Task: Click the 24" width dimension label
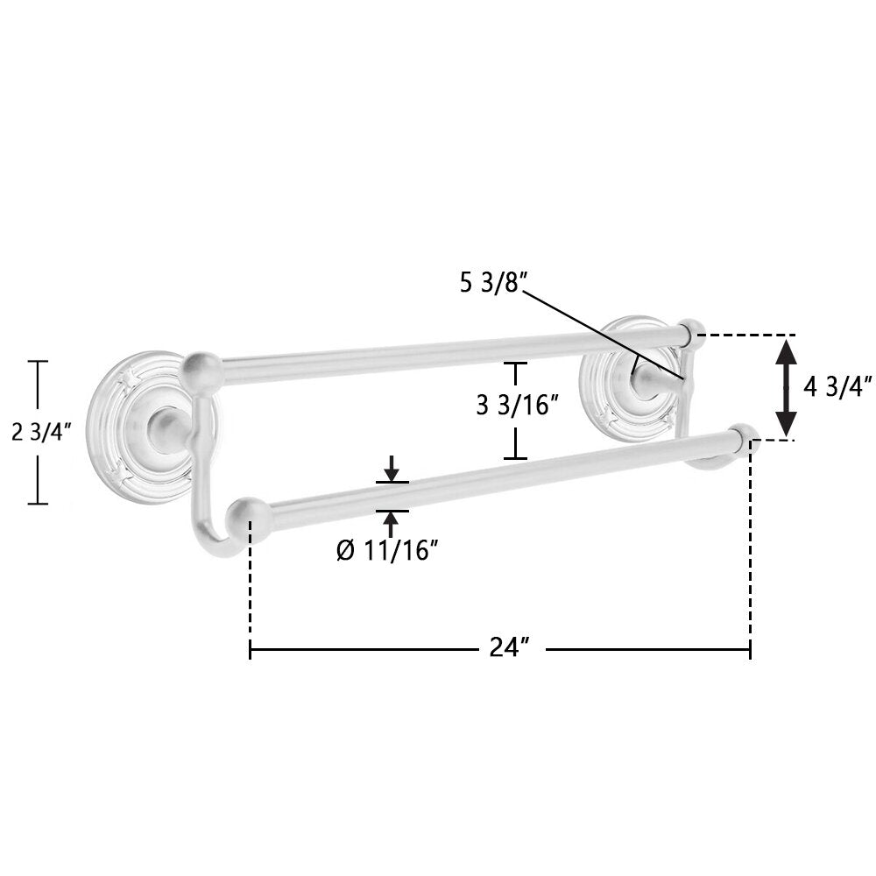coord(509,647)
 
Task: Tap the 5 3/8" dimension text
coord(491,284)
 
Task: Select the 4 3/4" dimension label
coord(837,387)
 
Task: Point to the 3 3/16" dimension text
coord(518,405)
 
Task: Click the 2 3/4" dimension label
coord(42,432)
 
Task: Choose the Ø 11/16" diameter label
coord(385,551)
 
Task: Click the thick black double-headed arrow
coord(786,387)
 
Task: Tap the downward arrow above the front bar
coord(392,468)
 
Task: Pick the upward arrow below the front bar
coord(392,524)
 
